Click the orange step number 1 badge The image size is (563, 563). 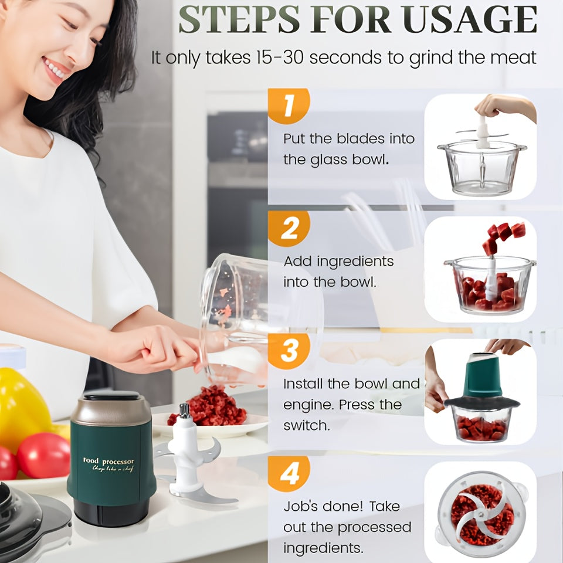point(287,106)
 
